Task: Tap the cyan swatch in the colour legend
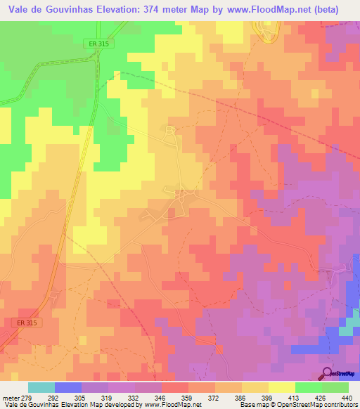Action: (x=41, y=387)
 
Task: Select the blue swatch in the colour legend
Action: (x=67, y=387)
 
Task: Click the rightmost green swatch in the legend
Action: (x=335, y=387)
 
